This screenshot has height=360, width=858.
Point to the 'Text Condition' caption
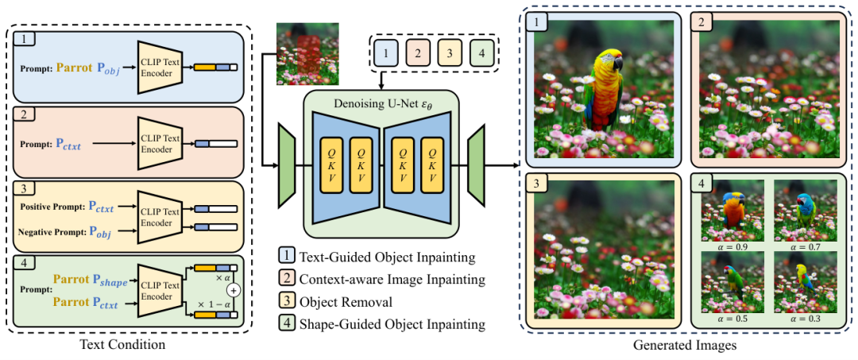coord(128,345)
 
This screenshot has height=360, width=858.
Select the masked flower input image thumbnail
coord(300,55)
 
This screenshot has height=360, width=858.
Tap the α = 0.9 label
coord(732,246)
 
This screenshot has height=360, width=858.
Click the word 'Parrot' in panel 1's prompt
coord(76,68)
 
